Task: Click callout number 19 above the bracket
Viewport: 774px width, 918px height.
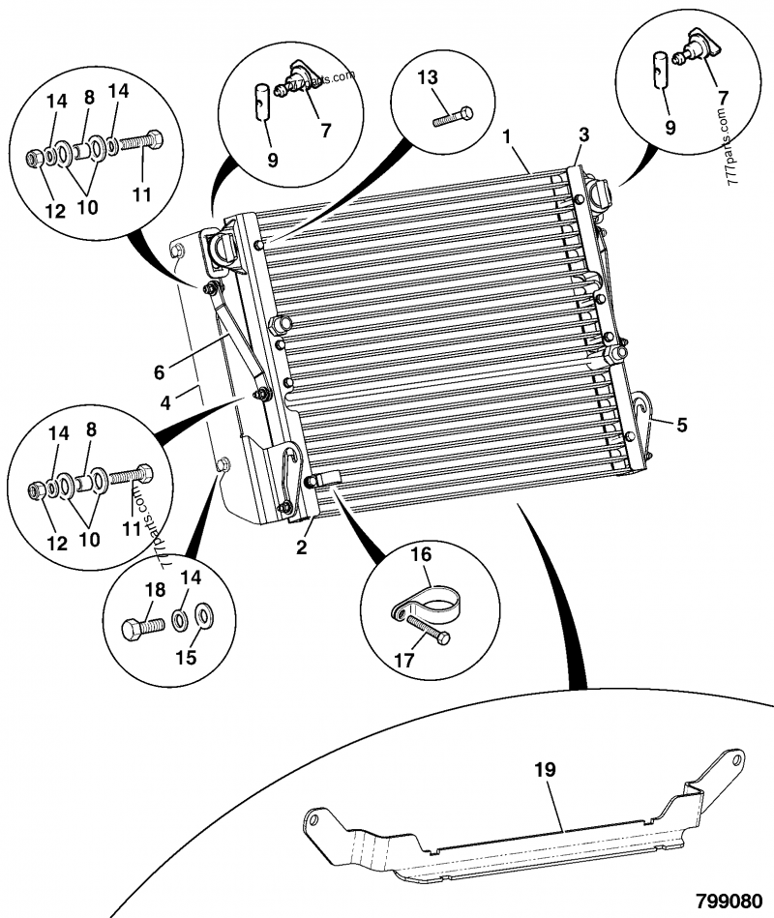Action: (x=546, y=771)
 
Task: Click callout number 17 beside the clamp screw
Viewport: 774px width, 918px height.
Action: (x=404, y=660)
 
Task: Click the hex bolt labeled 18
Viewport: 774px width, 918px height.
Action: (x=141, y=627)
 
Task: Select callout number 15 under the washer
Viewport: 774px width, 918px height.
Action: (x=186, y=657)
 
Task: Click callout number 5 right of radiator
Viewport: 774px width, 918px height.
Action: (x=683, y=425)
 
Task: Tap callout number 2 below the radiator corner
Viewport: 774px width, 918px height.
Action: (x=302, y=548)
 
